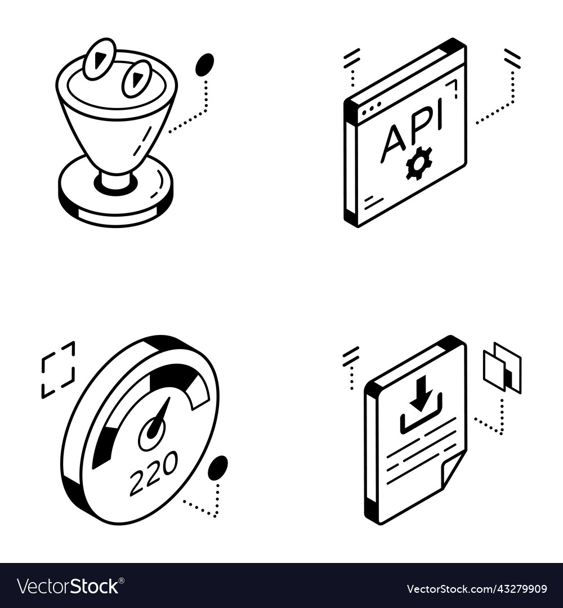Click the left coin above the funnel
99,59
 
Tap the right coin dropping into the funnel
137,79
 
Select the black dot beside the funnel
204,65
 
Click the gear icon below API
419,163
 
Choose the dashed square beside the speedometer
58,369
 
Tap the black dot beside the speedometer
217,468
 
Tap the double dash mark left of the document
351,356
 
